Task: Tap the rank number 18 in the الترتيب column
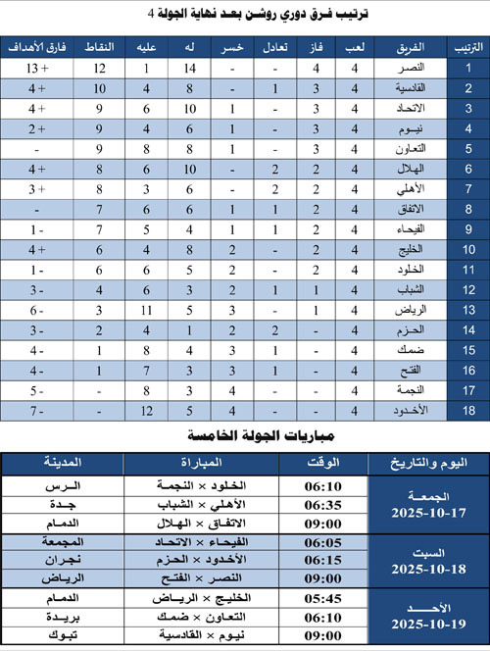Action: click(468, 410)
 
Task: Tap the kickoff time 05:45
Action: click(322, 598)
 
